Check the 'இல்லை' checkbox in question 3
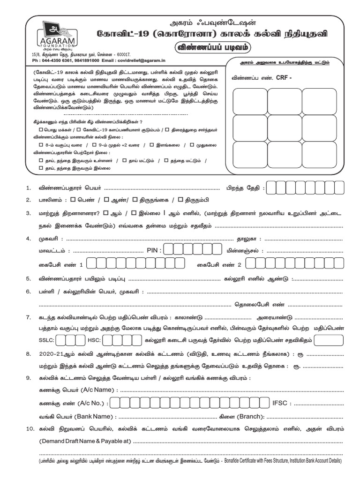point(134,212)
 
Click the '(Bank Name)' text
point(95,416)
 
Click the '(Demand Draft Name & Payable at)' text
point(85,442)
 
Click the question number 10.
point(30,429)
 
